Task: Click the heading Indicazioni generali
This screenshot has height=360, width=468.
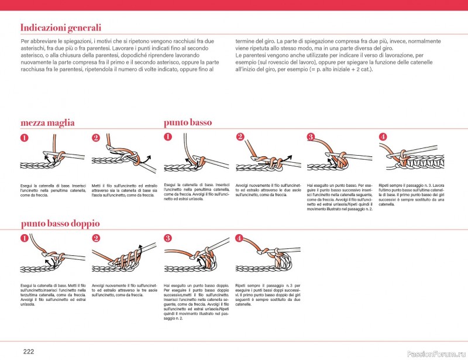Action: (60, 28)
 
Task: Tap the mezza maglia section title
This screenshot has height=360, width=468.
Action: (47, 123)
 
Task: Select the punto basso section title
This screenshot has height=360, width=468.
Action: (188, 122)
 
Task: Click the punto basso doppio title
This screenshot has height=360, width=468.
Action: (60, 224)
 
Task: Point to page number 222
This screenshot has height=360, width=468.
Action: (29, 351)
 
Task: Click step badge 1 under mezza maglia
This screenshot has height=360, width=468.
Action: (25, 138)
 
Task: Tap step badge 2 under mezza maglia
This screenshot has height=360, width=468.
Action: (97, 138)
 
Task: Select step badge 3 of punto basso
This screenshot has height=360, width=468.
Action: (311, 137)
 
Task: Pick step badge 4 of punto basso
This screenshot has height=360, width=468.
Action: (383, 137)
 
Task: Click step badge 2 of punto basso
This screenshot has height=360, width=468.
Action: (240, 137)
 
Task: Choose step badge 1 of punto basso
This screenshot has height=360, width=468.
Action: (168, 137)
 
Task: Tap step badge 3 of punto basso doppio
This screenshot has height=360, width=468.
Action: (168, 238)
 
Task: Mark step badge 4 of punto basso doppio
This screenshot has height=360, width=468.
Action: (239, 238)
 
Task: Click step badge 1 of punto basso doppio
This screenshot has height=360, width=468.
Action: (25, 238)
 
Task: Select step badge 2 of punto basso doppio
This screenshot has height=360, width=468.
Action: (97, 238)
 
